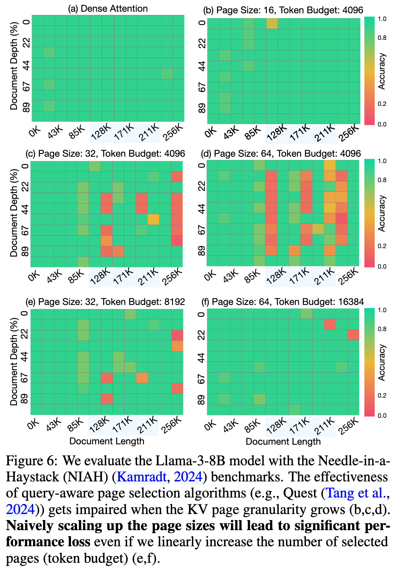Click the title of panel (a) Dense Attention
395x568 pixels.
[108, 8]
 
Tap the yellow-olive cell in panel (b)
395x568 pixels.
[272, 23]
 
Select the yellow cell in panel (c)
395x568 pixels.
[153, 219]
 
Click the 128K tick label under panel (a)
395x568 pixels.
[101, 132]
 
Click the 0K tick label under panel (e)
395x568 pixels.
[33, 425]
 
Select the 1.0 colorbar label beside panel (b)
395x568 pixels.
[382, 19]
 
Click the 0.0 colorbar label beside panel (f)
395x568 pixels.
[382, 415]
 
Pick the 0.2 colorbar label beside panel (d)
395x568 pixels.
[382, 246]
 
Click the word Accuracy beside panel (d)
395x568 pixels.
[382, 214]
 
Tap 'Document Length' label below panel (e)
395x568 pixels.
[107, 441]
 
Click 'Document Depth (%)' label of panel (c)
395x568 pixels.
[14, 214]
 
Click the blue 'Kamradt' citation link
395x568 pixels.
[141, 477]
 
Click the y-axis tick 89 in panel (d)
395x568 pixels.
[202, 251]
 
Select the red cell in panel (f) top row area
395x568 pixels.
[330, 324]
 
